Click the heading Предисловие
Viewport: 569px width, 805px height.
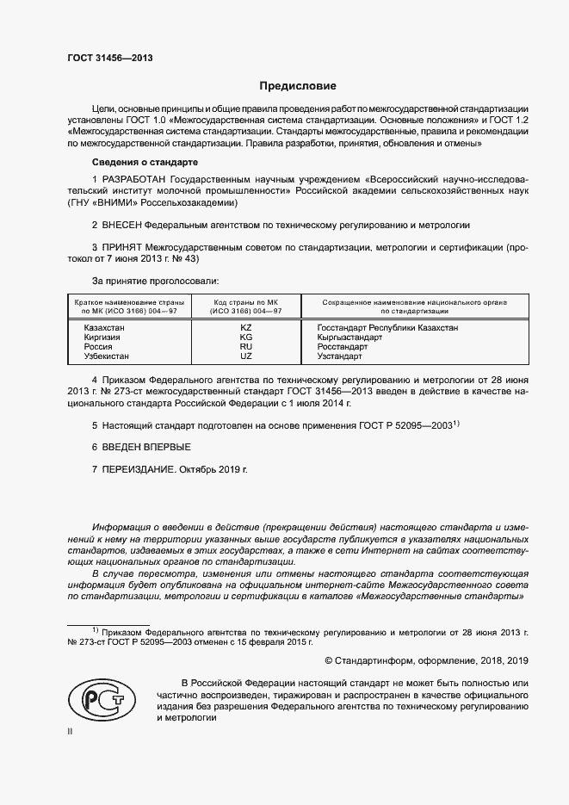(x=299, y=86)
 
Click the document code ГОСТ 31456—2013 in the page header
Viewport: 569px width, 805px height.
(x=110, y=59)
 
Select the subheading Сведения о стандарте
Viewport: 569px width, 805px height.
(x=145, y=162)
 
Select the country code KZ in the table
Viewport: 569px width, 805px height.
(x=246, y=328)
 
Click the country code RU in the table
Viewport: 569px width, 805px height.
(x=246, y=346)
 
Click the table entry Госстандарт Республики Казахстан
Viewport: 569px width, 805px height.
(x=387, y=328)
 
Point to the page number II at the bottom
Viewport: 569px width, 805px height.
(x=71, y=731)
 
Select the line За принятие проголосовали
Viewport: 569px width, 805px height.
(x=155, y=281)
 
